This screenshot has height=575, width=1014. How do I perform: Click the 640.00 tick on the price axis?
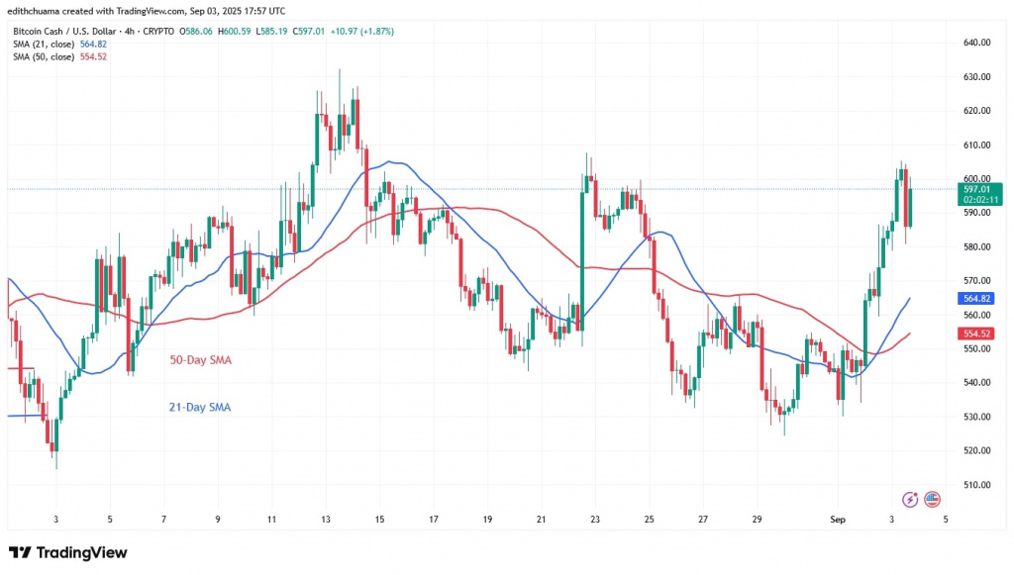(x=978, y=43)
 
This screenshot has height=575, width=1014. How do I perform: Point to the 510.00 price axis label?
(x=978, y=484)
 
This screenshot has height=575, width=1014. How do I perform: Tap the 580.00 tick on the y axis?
(x=978, y=246)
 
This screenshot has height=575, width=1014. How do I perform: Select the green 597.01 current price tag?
(x=978, y=189)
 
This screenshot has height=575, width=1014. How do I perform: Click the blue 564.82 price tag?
(x=978, y=298)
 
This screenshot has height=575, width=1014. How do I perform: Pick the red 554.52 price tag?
(x=978, y=334)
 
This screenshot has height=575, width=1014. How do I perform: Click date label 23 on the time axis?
(x=594, y=519)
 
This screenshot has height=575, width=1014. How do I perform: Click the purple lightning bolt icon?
(x=910, y=500)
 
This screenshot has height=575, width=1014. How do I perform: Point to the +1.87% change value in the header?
(x=377, y=31)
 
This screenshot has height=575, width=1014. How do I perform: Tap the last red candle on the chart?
(x=908, y=207)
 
